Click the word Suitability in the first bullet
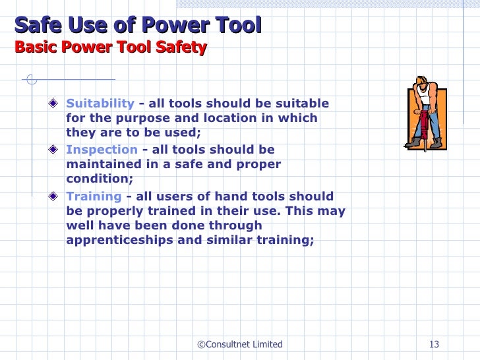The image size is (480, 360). pos(100,104)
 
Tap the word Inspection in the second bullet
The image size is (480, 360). pos(102,150)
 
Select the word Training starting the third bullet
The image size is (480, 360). pos(94,196)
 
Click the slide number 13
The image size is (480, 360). pos(434,344)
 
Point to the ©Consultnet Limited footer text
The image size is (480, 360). pos(240,344)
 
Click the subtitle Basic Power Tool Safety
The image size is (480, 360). pos(111,47)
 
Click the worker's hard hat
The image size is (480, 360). pos(421,82)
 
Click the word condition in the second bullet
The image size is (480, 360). pos(97,179)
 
